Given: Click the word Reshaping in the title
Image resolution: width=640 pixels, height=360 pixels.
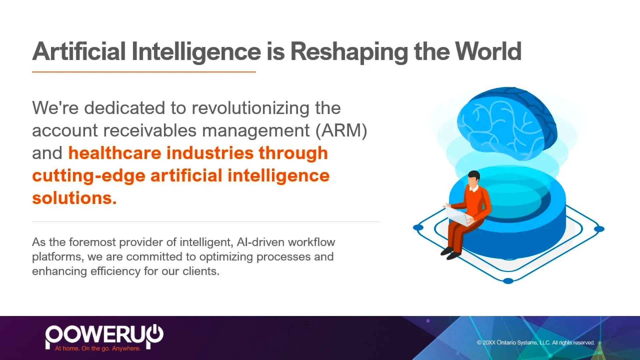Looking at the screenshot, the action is [349, 52].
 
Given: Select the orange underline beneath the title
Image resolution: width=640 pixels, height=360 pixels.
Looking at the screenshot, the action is [144, 72].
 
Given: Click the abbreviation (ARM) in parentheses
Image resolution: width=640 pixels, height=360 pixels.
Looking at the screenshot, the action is [341, 130].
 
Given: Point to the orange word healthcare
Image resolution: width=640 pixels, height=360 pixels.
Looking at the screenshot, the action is [115, 153].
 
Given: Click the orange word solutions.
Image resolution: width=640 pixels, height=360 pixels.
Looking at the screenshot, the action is [74, 198].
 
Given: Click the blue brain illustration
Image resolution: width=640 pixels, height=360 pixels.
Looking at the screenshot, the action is [507, 123].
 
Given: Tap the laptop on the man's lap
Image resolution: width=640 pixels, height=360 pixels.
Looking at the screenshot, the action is [458, 215].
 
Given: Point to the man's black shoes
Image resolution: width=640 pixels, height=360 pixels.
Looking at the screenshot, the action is [451, 254].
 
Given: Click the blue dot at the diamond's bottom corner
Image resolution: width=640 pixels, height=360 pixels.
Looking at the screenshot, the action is [508, 281].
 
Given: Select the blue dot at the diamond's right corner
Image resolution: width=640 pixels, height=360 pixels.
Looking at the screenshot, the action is [599, 229].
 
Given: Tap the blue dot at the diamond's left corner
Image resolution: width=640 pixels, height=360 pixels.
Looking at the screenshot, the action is [418, 228].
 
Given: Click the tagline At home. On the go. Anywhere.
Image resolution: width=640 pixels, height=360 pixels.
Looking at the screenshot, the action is [98, 348].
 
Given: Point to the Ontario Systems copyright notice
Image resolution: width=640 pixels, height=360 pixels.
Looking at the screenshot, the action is [536, 343].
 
